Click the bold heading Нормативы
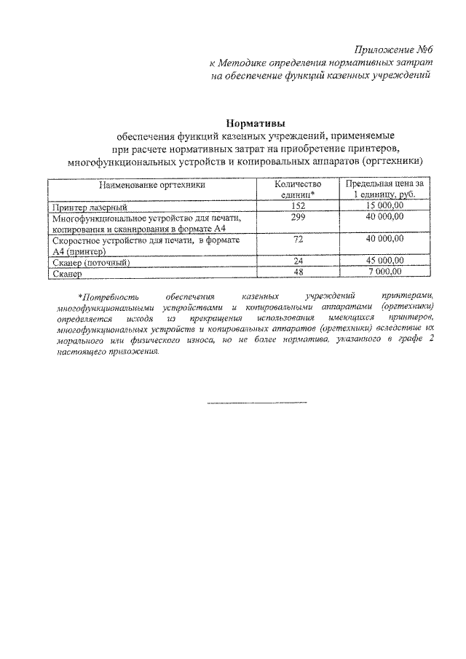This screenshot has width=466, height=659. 253,123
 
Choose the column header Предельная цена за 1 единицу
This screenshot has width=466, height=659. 384,191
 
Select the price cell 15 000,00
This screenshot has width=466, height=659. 384,207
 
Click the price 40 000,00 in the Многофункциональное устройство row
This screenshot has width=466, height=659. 384,218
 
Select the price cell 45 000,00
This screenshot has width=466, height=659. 384,261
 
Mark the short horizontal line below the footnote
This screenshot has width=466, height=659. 257,403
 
